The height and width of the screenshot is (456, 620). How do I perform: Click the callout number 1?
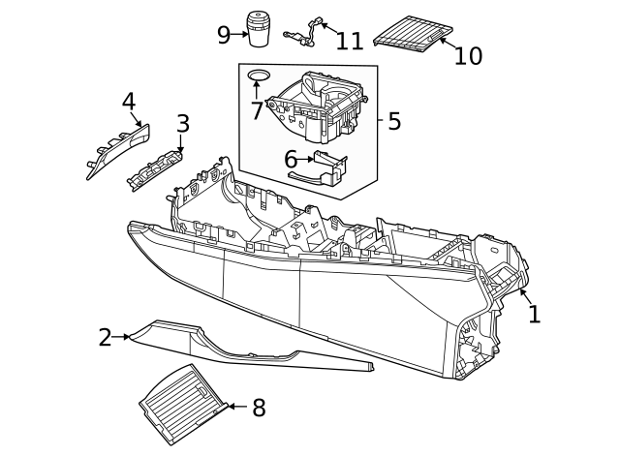tap(534, 314)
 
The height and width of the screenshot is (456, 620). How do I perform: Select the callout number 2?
tap(105, 338)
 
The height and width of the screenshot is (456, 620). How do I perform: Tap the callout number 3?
tap(182, 124)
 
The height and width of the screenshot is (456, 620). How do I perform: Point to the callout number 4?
tap(129, 102)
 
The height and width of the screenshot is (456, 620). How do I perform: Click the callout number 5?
tap(393, 122)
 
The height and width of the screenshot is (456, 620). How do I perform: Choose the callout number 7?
tap(257, 110)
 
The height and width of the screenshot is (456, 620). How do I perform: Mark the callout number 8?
tap(258, 409)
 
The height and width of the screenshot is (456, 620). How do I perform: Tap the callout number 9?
tap(224, 35)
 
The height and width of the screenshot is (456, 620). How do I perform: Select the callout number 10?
tap(467, 56)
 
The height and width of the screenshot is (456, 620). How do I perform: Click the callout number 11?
tap(349, 41)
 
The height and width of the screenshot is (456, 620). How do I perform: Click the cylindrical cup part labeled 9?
tap(259, 29)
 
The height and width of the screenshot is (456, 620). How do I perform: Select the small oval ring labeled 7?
tap(258, 75)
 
